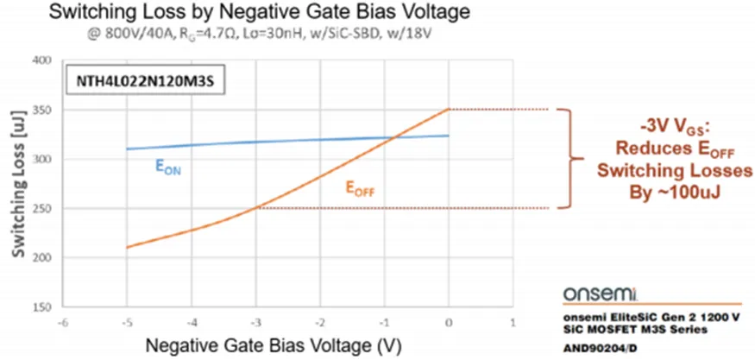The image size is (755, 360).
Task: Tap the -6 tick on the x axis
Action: point(62,321)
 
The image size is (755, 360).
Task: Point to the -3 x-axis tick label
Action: point(255,321)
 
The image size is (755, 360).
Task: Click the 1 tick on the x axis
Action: point(513,321)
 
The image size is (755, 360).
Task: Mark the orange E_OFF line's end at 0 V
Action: point(449,110)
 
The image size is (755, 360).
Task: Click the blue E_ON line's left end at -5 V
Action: point(127,148)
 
